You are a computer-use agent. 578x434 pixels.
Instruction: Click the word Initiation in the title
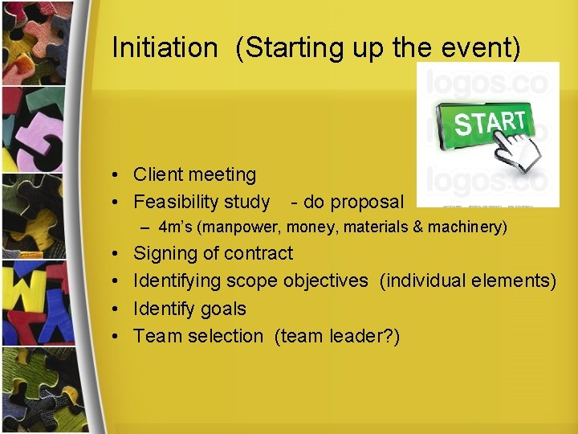click(165, 47)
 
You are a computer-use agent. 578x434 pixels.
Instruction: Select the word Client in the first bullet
click(158, 174)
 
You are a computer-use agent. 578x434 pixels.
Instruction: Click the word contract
click(258, 253)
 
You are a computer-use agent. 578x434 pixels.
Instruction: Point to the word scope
click(252, 281)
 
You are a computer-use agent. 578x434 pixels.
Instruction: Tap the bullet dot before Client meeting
click(117, 175)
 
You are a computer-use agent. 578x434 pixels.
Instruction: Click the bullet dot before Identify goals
click(117, 309)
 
